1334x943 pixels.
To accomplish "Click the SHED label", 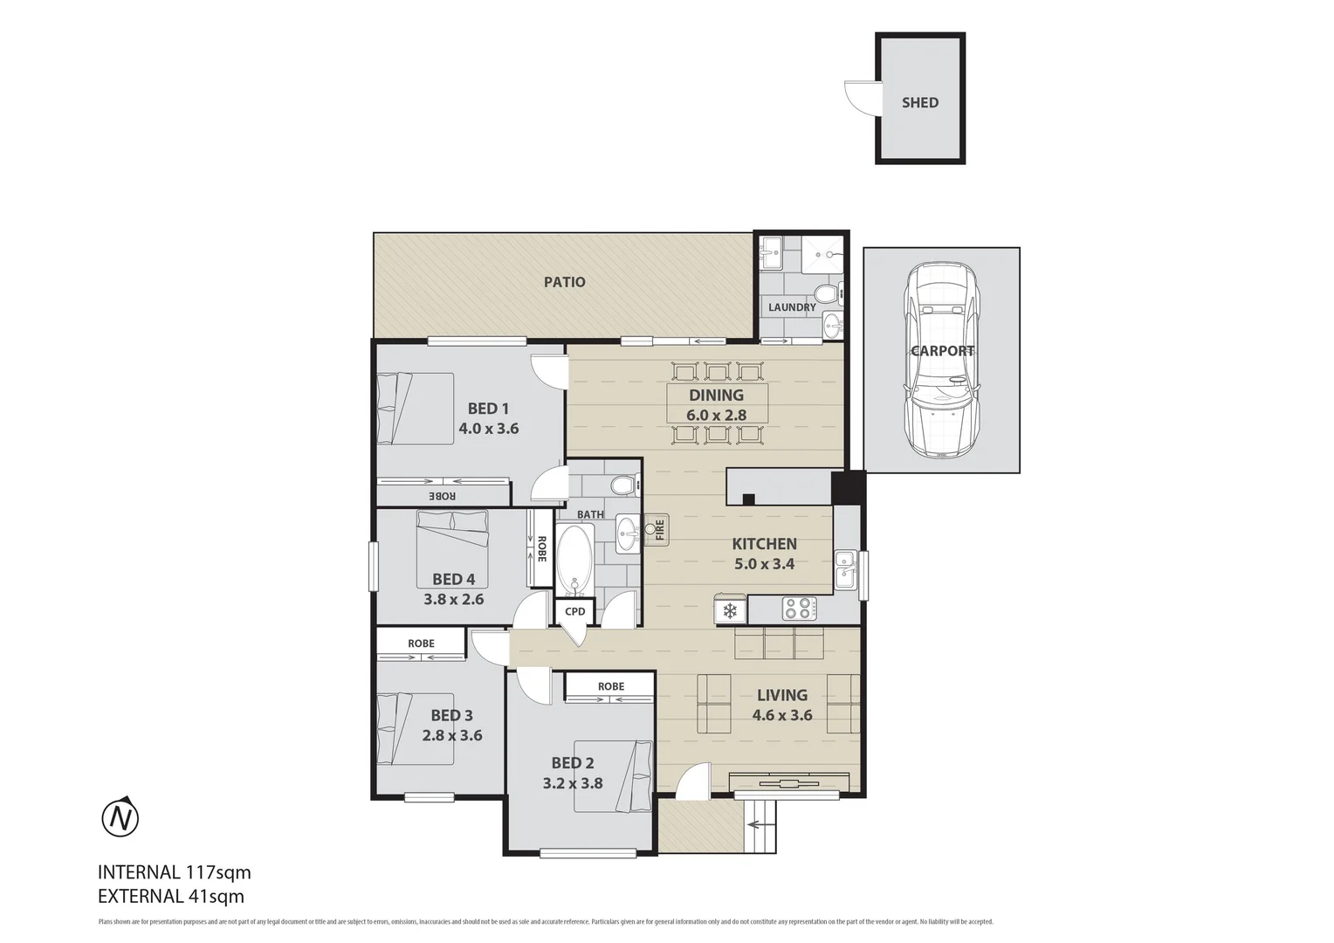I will tap(920, 102).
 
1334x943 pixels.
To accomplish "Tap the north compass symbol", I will tap(120, 818).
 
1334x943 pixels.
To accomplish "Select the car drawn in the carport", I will tap(942, 360).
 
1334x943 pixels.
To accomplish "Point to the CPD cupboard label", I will tap(574, 611).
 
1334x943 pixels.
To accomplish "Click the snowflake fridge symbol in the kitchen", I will tap(730, 609).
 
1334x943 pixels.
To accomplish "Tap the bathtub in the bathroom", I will tap(574, 559).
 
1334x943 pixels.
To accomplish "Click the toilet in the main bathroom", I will tap(623, 485).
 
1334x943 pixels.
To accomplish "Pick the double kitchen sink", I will tap(845, 568).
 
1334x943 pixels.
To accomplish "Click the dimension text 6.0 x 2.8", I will tap(716, 415).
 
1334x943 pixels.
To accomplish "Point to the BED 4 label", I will tap(453, 579).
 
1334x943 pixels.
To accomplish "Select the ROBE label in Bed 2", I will tap(611, 686).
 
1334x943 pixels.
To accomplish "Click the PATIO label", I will tap(564, 282).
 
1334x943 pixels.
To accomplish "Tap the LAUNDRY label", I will tap(792, 307).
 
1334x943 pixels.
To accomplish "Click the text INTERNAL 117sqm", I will tap(175, 871).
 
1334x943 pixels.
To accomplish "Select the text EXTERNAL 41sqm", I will tap(171, 896).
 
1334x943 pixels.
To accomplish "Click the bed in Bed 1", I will tap(416, 408).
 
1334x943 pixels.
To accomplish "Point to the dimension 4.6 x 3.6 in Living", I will tap(782, 715).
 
